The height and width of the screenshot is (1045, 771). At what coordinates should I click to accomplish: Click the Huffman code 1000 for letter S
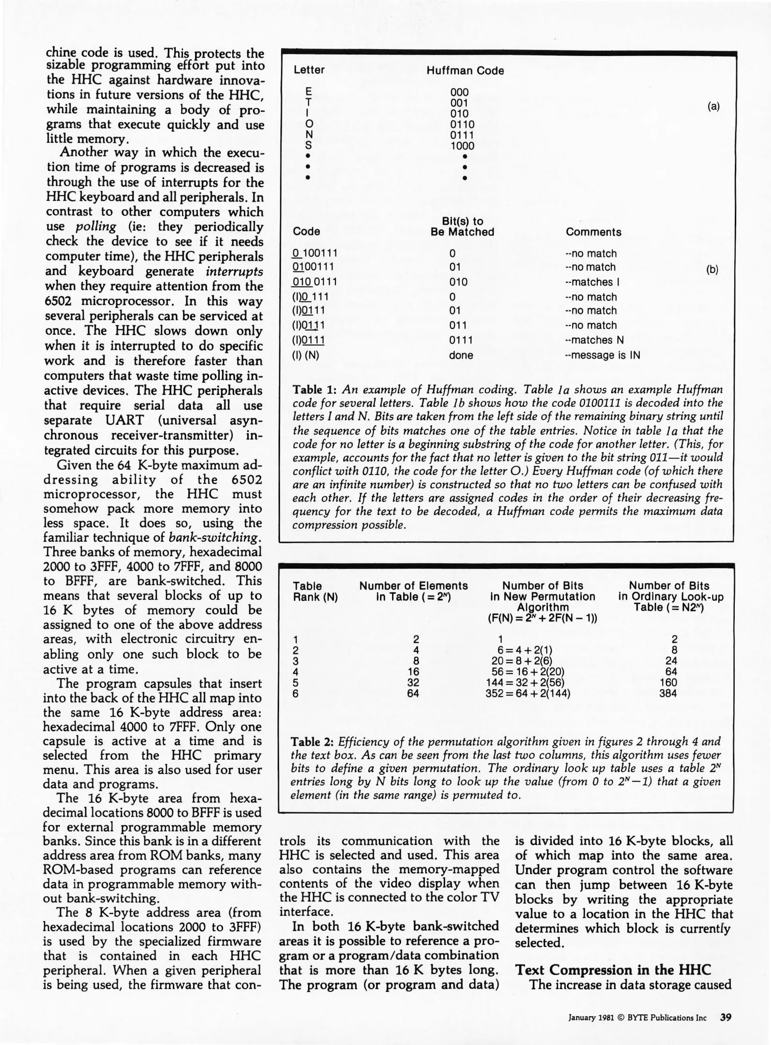point(462,146)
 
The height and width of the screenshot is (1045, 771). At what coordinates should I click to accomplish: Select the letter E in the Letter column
point(309,92)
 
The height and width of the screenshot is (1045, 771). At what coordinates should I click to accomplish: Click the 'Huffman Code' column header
point(465,71)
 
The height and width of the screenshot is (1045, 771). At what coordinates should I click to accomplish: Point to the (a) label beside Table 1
point(713,107)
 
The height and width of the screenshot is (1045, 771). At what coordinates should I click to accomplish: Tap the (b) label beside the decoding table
point(712,270)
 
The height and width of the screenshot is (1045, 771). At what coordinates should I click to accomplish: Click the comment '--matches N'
point(594,340)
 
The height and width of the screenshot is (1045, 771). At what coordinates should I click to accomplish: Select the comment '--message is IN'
point(602,356)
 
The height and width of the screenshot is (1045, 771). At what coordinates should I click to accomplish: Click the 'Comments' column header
point(593,232)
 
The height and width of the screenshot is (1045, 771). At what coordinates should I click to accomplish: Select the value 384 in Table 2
point(668,694)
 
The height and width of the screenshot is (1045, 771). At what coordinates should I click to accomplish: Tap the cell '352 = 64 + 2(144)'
point(528,694)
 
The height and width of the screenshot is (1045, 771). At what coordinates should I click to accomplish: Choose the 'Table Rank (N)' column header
point(315,591)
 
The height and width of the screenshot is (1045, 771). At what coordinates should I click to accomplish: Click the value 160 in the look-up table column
point(668,683)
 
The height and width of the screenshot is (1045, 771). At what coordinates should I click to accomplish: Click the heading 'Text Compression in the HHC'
point(613,970)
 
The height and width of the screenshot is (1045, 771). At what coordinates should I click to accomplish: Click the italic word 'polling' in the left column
point(96,227)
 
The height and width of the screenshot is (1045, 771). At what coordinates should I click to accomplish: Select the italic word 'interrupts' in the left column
point(234,271)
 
